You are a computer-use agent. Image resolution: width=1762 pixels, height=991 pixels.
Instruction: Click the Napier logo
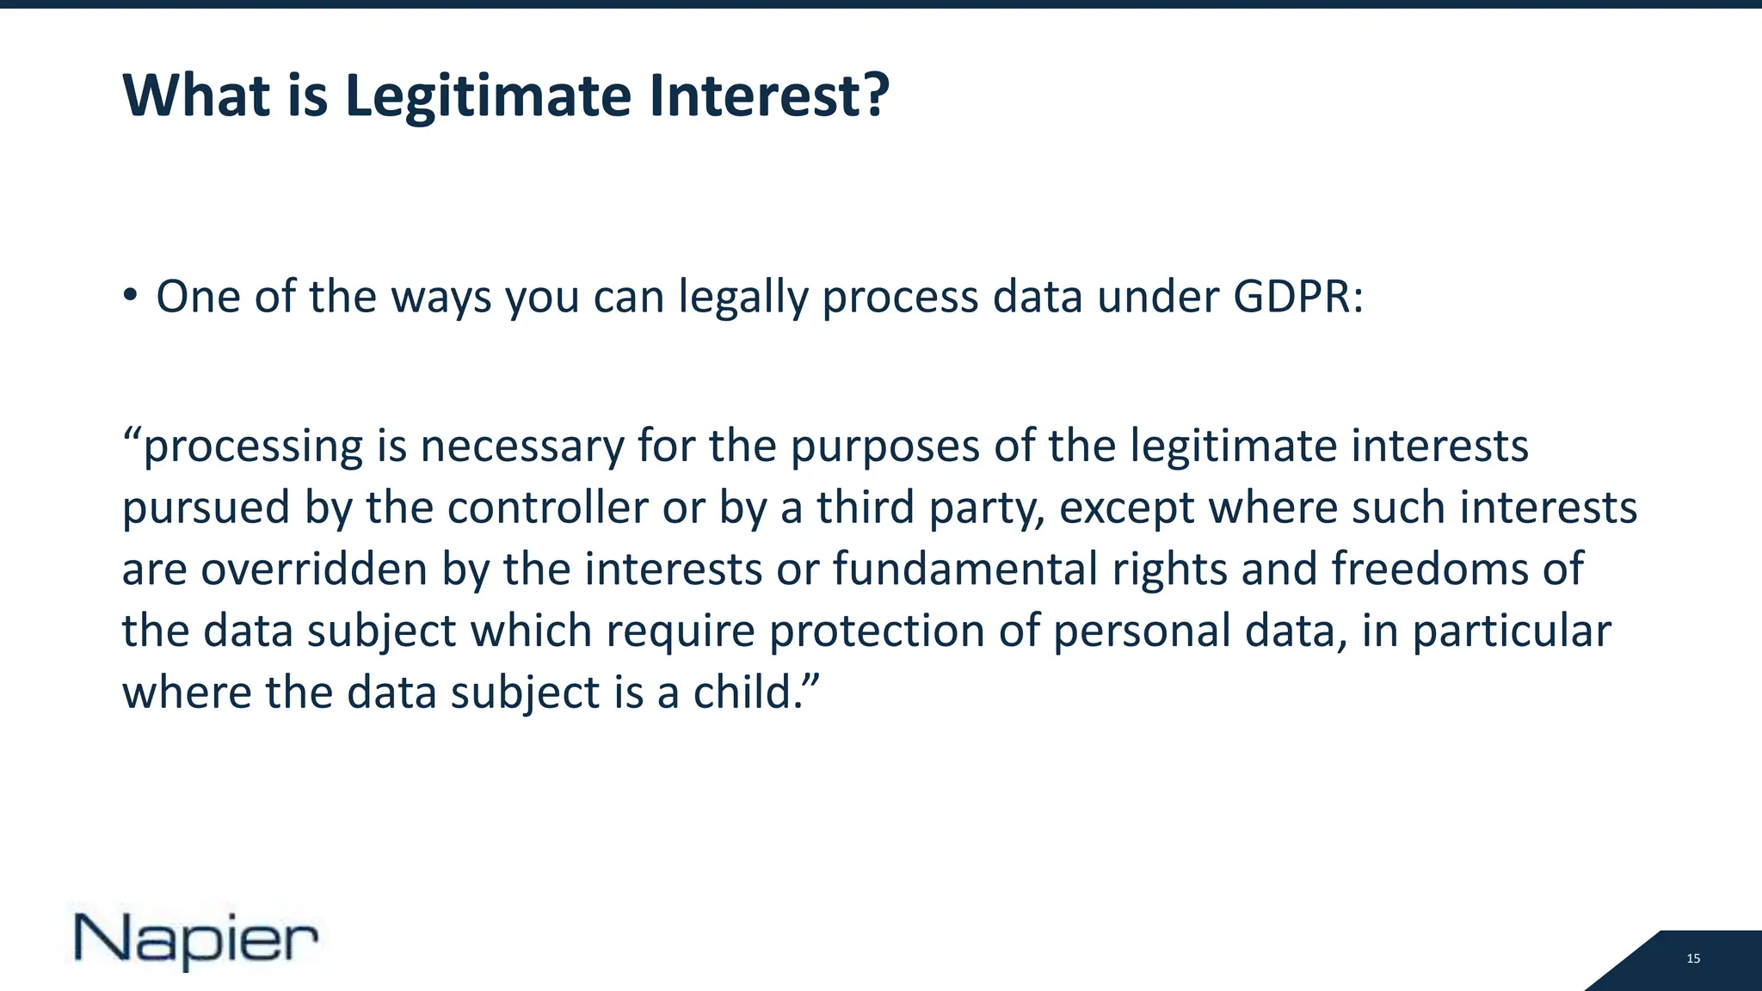pyautogui.click(x=196, y=939)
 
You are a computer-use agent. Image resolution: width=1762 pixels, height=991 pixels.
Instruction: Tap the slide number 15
pyautogui.click(x=1693, y=958)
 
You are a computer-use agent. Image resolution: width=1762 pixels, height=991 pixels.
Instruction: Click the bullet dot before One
pyautogui.click(x=130, y=296)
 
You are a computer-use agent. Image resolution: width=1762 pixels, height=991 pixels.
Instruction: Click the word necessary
pyautogui.click(x=521, y=447)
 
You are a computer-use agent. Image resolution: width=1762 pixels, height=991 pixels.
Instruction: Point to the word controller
pyautogui.click(x=547, y=508)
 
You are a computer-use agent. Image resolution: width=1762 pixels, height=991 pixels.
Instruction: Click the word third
pyautogui.click(x=866, y=508)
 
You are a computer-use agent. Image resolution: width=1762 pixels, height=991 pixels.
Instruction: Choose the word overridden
pyautogui.click(x=314, y=569)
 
